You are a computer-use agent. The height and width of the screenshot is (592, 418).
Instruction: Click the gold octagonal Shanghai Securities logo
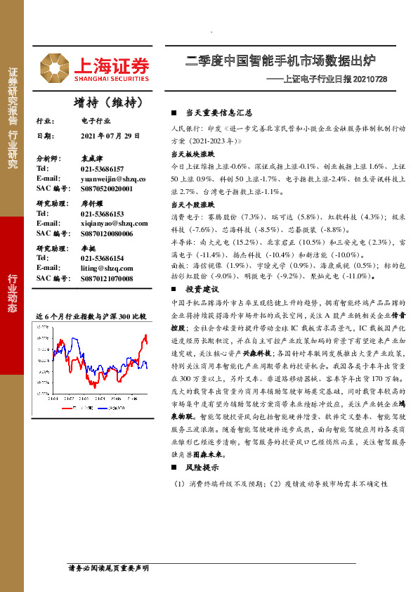(53, 67)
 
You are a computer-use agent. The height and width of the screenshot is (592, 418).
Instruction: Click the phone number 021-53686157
(102, 169)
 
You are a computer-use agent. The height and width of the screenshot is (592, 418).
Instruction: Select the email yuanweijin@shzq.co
(112, 179)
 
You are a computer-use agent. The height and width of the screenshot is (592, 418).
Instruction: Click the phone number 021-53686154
(102, 258)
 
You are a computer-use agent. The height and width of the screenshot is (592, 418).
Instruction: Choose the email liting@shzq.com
(106, 268)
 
